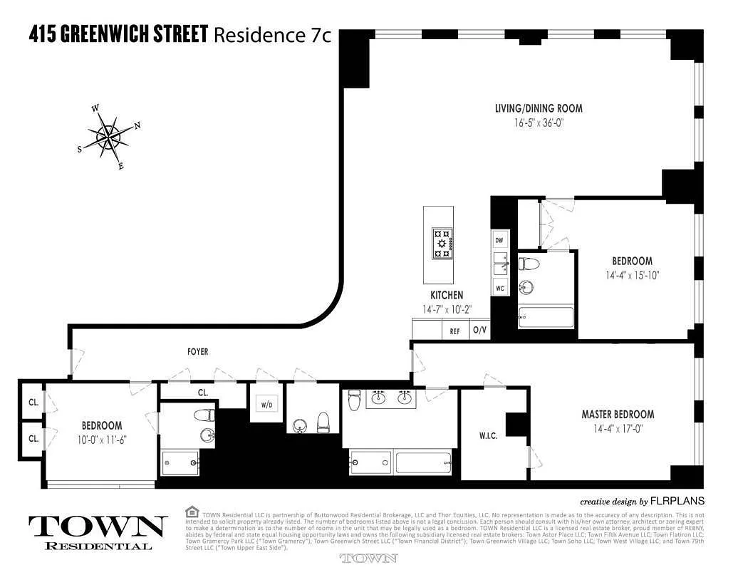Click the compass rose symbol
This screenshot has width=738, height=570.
[109, 135]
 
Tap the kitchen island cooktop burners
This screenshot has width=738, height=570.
[442, 244]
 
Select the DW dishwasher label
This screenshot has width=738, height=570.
[499, 241]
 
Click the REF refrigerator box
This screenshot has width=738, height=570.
[454, 331]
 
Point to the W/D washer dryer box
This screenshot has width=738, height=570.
[266, 405]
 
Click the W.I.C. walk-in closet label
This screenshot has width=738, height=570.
[488, 435]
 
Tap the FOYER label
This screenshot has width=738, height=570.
[198, 352]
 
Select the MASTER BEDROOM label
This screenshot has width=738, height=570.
[618, 415]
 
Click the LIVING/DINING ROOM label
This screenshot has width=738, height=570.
[539, 109]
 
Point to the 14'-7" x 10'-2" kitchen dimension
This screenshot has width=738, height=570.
[447, 309]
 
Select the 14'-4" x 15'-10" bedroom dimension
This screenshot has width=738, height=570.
[632, 275]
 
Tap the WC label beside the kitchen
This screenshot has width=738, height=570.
[499, 289]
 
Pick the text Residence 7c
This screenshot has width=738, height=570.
[273, 34]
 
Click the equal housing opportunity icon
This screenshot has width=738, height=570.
[191, 512]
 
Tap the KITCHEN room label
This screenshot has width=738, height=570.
[447, 295]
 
